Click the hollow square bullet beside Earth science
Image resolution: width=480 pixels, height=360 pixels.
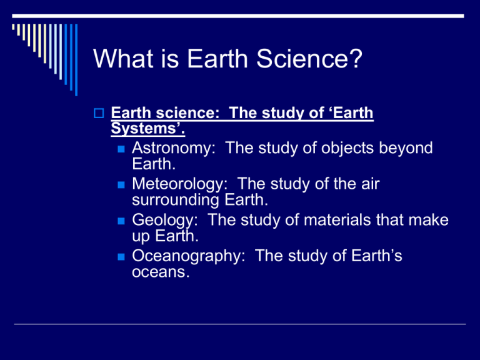(x=99, y=114)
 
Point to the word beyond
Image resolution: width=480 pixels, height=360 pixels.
(x=407, y=149)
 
